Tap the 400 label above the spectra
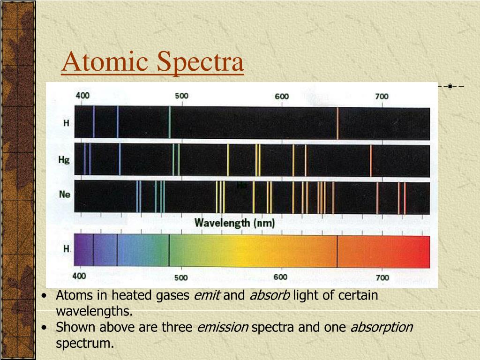click(82, 96)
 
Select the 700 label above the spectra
click(381, 96)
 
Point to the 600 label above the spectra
click(282, 96)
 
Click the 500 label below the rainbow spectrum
click(181, 277)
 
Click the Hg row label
click(64, 160)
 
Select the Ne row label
click(65, 194)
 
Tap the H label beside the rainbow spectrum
click(66, 249)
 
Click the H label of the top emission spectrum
click(66, 124)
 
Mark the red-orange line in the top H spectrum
click(337, 123)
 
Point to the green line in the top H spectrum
click(169, 123)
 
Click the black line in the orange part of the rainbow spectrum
click(337, 251)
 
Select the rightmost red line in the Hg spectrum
click(371, 160)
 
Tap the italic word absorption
click(382, 327)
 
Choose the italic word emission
click(222, 327)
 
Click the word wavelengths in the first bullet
click(94, 311)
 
